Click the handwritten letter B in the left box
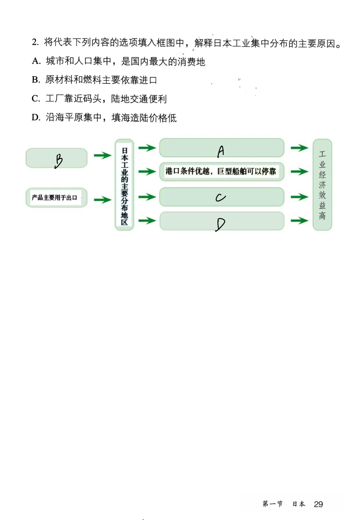point(59,161)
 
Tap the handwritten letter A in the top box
point(221,151)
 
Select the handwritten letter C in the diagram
point(220,198)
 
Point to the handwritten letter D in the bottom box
point(220,224)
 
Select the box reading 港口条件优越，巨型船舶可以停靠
point(221,171)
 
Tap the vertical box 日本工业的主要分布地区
point(124,185)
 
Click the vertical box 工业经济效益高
point(322,185)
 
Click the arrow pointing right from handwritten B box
point(102,155)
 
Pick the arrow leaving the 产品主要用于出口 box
point(102,200)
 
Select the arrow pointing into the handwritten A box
point(147,148)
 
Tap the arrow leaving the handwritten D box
point(299,221)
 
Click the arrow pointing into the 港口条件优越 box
point(147,172)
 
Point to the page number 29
point(318,504)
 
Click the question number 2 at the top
point(35,42)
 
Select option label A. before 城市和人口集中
point(36,61)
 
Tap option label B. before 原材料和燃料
point(36,80)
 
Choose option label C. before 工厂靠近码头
point(36,99)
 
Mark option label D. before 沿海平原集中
point(36,118)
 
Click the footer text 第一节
point(272,504)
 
